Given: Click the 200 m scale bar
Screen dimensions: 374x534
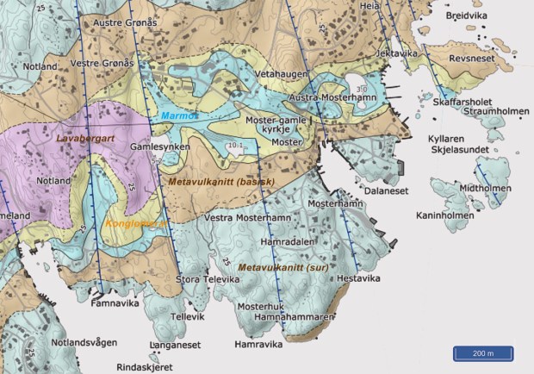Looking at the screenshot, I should (x=483, y=353).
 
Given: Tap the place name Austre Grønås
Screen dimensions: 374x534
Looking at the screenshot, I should (x=126, y=22).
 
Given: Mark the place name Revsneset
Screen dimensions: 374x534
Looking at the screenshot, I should (x=473, y=59).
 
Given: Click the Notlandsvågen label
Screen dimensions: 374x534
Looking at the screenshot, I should (x=84, y=342).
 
